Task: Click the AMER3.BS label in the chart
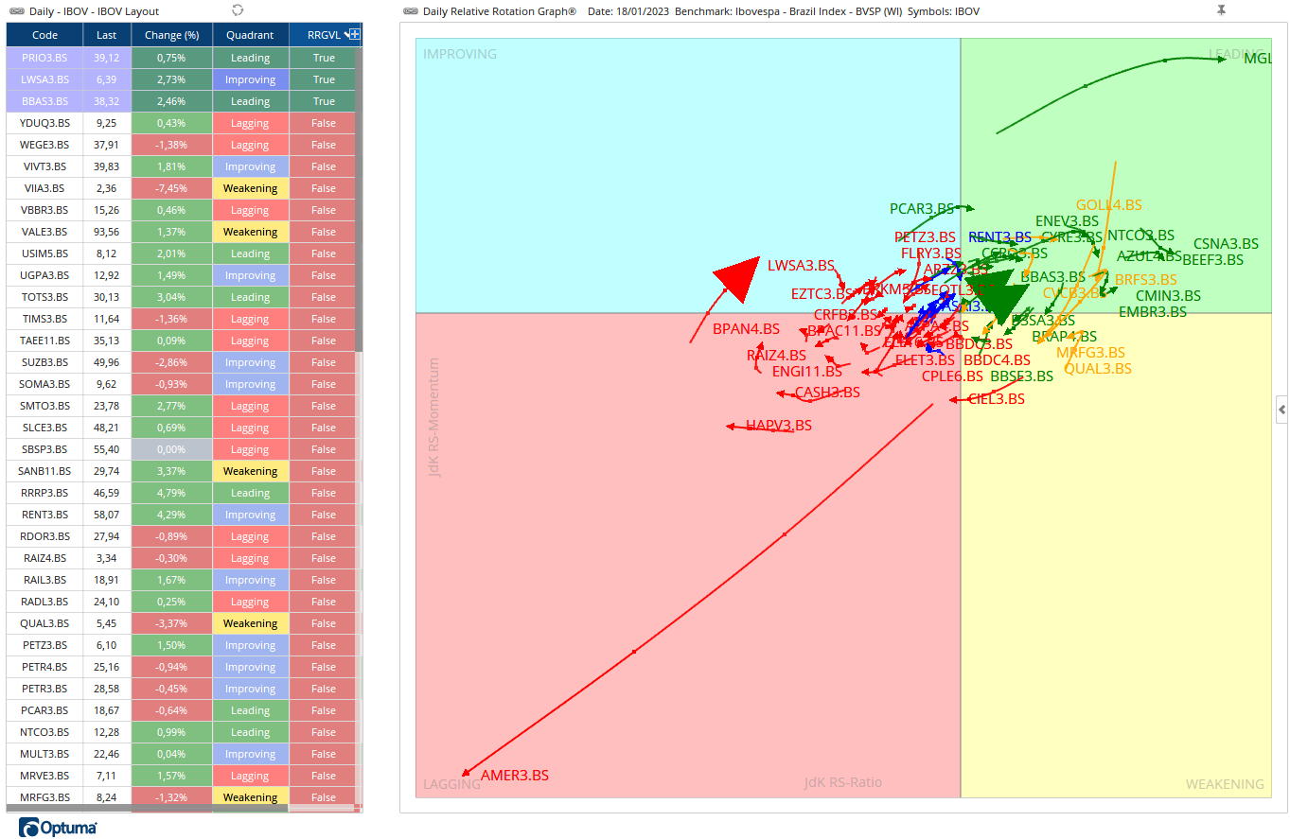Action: coord(515,776)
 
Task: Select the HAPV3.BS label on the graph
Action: coord(779,426)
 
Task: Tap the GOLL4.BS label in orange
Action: coord(1108,205)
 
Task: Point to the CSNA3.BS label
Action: coord(1226,244)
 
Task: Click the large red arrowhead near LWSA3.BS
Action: coord(739,279)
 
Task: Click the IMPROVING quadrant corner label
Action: coord(460,54)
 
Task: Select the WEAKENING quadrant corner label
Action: coord(1225,784)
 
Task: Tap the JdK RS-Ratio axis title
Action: coord(842,782)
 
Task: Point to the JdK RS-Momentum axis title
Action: coord(434,416)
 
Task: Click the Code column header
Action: coord(44,35)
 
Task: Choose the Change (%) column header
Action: coord(171,35)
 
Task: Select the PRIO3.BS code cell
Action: coord(44,58)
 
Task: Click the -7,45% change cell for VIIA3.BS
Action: coord(171,188)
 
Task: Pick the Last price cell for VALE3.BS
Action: coord(106,232)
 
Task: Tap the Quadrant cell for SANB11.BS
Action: coord(250,471)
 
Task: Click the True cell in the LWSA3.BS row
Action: coord(324,79)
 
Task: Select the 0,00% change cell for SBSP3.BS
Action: coord(171,449)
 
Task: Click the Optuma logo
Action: coord(58,828)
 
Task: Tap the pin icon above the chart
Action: coord(1221,9)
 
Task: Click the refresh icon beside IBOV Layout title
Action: coord(238,9)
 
